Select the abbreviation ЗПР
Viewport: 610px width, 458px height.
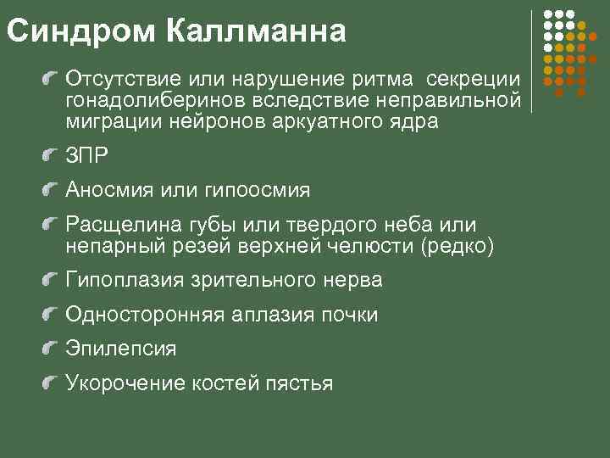88,156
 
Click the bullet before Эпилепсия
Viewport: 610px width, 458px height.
53,348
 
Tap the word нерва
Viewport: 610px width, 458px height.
352,280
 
